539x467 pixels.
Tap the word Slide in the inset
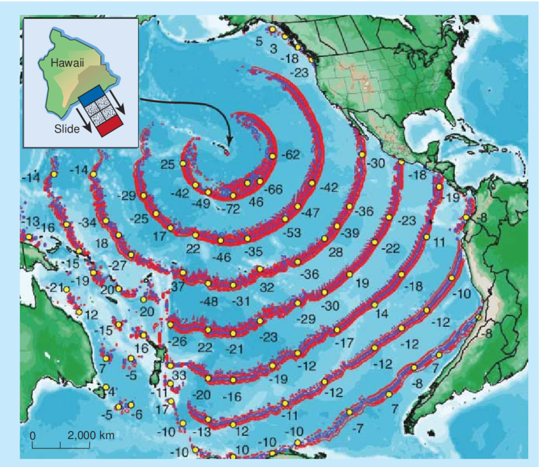pyautogui.click(x=67, y=129)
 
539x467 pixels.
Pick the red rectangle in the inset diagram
pyautogui.click(x=111, y=128)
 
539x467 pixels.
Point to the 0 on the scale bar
pyautogui.click(x=32, y=436)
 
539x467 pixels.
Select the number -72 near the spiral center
pyautogui.click(x=233, y=207)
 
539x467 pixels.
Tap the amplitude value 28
pyautogui.click(x=335, y=253)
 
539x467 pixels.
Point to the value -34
pyautogui.click(x=88, y=223)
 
